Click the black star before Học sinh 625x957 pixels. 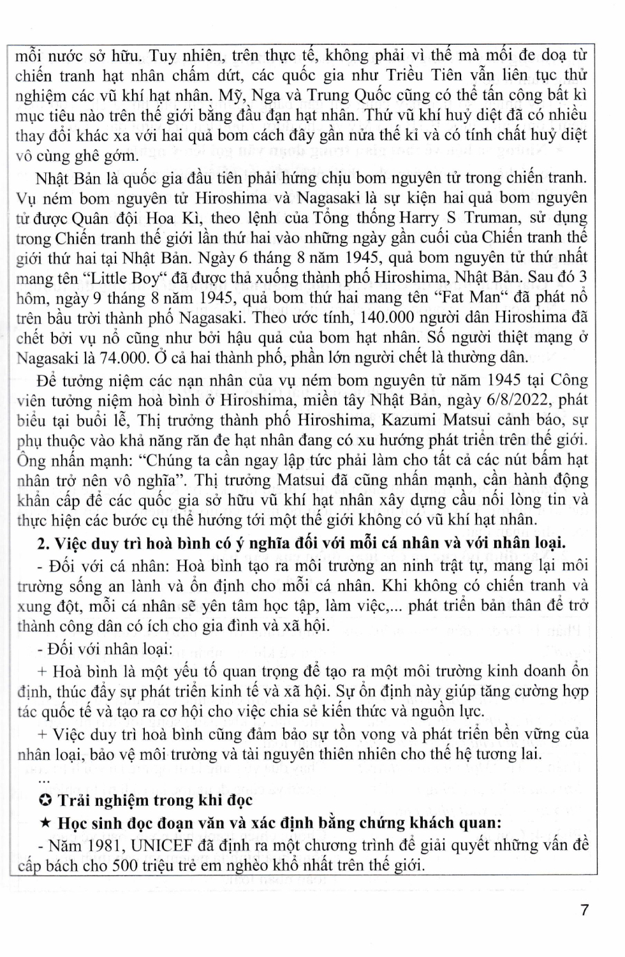[45, 823]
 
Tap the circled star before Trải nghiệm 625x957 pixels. [45, 800]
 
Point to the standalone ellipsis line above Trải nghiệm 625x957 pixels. [43, 778]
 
